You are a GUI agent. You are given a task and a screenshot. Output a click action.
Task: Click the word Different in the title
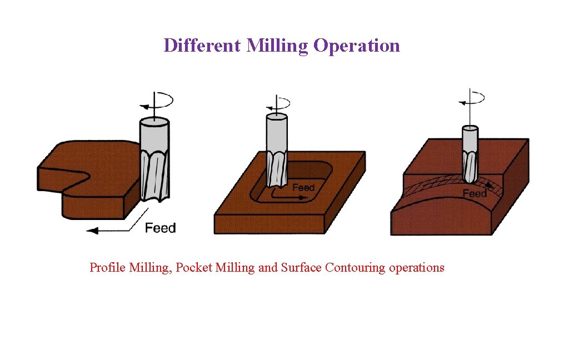pyautogui.click(x=203, y=45)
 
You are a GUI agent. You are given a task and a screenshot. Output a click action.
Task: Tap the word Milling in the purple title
pyautogui.click(x=277, y=46)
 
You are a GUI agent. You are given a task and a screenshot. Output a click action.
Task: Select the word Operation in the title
pyautogui.click(x=357, y=46)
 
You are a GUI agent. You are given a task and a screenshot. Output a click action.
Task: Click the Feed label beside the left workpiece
pyautogui.click(x=160, y=228)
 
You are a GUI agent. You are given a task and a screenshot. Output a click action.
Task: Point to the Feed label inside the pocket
pyautogui.click(x=303, y=187)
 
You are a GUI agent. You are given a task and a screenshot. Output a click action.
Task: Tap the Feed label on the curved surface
pyautogui.click(x=475, y=193)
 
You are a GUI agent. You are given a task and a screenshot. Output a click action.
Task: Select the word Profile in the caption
pyautogui.click(x=108, y=268)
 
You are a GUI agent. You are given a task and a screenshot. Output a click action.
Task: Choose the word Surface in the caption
pyautogui.click(x=301, y=268)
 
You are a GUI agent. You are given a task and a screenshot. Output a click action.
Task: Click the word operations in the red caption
pyautogui.click(x=417, y=268)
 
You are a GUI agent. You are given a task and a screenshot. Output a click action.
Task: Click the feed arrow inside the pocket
pyautogui.click(x=283, y=196)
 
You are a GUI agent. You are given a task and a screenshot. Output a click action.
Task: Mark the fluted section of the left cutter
pyautogui.click(x=154, y=175)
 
